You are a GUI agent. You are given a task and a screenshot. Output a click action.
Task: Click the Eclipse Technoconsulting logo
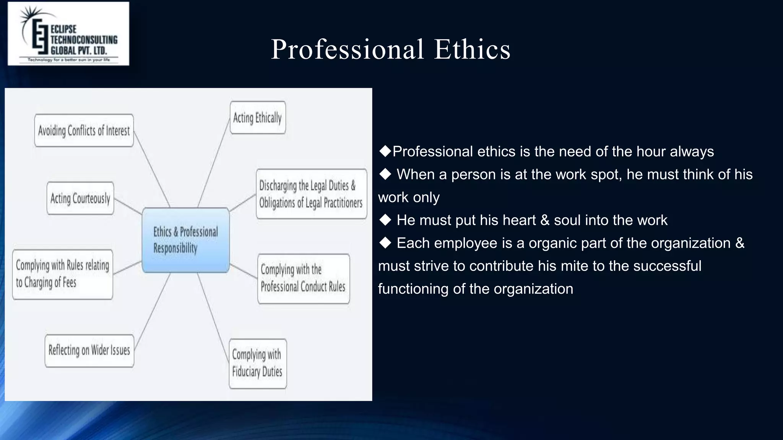68,34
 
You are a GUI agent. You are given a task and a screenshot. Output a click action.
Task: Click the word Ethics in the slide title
472,49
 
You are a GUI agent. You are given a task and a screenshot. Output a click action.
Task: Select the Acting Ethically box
258,118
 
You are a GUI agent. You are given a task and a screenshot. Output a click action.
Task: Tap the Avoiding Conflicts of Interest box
84,131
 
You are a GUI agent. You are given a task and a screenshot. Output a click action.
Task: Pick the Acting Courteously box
80,198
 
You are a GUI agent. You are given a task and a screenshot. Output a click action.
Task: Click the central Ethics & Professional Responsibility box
186,240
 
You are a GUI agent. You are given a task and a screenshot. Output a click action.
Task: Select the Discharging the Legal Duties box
311,194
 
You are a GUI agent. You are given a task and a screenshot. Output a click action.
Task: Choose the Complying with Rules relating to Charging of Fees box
63,274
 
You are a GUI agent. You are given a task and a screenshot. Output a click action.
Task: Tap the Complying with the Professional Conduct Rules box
304,279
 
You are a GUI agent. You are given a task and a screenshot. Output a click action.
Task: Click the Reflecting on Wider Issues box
89,351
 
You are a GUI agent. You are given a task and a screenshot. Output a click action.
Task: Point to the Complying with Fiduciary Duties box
258,364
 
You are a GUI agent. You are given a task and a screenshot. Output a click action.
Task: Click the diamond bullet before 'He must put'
385,220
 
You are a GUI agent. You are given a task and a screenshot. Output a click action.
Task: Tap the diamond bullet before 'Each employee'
385,243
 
